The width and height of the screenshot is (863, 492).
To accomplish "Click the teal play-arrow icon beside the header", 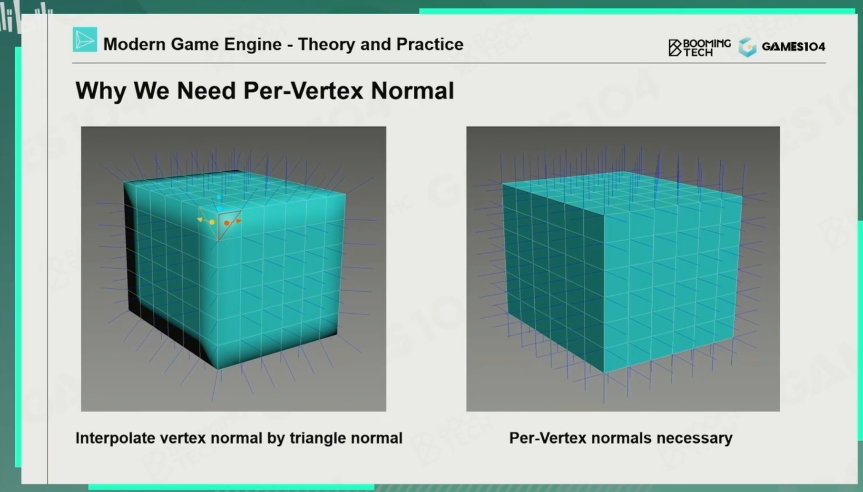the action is pyautogui.click(x=85, y=39).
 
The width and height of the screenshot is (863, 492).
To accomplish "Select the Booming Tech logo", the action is pyautogui.click(x=699, y=47).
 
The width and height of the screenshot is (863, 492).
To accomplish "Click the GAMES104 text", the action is pyautogui.click(x=793, y=47).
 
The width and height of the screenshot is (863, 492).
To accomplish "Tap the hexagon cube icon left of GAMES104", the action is pyautogui.click(x=747, y=47).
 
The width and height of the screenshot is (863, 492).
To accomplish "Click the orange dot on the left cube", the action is pyautogui.click(x=227, y=223).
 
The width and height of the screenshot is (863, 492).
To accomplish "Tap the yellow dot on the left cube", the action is pyautogui.click(x=212, y=222).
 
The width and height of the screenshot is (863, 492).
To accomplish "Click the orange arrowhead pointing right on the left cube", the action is pyautogui.click(x=238, y=221).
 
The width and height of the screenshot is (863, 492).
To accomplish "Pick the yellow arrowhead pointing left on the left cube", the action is pyautogui.click(x=200, y=219).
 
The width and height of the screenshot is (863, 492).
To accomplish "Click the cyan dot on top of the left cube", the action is pyautogui.click(x=219, y=208).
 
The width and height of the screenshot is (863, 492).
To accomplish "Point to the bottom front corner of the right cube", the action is pyautogui.click(x=604, y=373).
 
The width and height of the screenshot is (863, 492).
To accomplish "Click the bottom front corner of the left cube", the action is pyautogui.click(x=218, y=369).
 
